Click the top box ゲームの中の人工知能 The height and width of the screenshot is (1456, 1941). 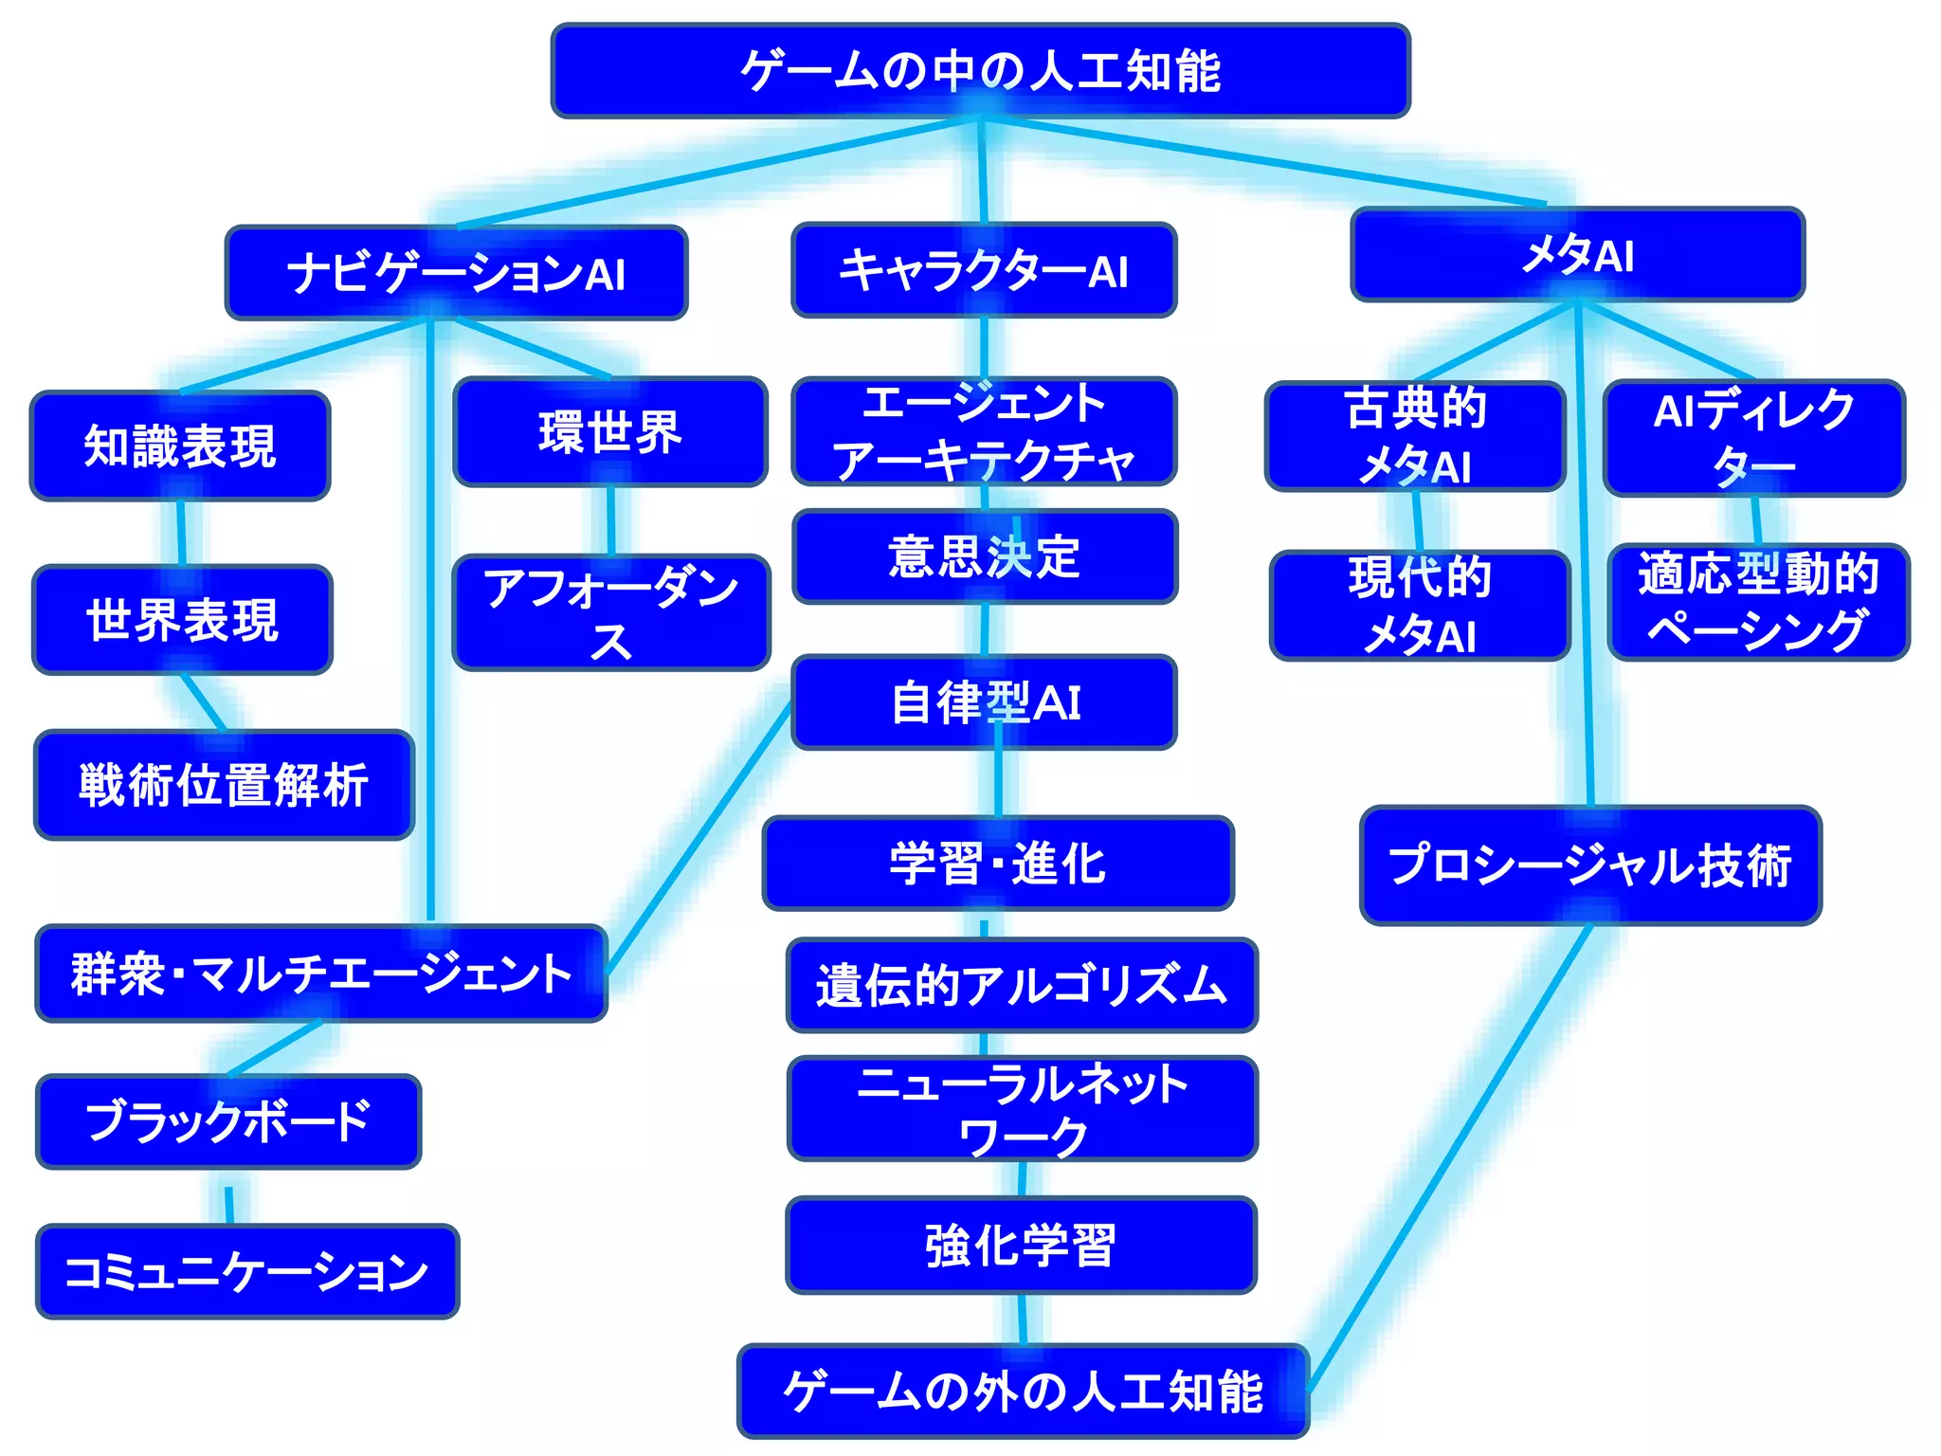click(x=980, y=71)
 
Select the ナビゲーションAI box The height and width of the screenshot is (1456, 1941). click(x=456, y=273)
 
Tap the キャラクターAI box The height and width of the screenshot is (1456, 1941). click(x=984, y=270)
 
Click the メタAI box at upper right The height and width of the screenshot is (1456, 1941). click(x=1577, y=254)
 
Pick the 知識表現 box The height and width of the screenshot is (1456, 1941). click(x=180, y=446)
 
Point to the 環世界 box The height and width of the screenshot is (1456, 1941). click(x=610, y=432)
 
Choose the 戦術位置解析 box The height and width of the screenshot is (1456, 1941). click(x=224, y=785)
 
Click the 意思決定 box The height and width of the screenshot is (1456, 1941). click(x=985, y=556)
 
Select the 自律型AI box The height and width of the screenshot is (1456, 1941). click(x=985, y=702)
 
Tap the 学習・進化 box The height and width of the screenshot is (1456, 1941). click(x=998, y=864)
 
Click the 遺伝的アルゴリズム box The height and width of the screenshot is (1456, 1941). click(x=1022, y=985)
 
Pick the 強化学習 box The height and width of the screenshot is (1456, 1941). click(x=1021, y=1245)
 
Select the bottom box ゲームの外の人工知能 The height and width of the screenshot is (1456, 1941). click(x=1023, y=1391)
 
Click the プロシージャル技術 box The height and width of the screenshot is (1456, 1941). click(x=1589, y=865)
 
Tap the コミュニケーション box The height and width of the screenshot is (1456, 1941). click(x=246, y=1271)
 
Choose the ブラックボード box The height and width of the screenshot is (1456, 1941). click(x=227, y=1121)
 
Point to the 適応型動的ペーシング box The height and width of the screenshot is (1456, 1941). click(x=1758, y=602)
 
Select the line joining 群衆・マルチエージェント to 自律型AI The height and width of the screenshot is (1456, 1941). click(x=698, y=839)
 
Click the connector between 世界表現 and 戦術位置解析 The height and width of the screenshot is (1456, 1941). click(x=204, y=702)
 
